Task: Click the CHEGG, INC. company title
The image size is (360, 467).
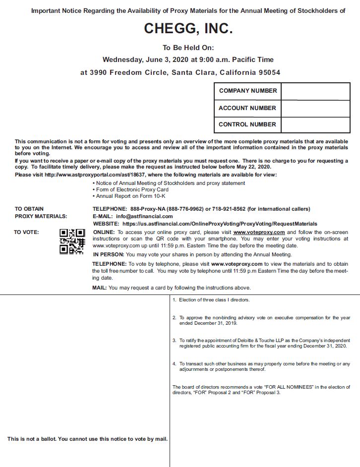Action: (x=188, y=29)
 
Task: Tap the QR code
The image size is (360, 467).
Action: (x=72, y=241)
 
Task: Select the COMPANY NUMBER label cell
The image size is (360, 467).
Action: (x=247, y=91)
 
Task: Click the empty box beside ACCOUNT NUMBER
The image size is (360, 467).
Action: (x=315, y=108)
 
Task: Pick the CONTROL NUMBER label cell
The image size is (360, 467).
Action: (x=247, y=124)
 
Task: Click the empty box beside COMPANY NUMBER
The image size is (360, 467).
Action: (x=315, y=91)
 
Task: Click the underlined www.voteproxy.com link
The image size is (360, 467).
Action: (x=259, y=232)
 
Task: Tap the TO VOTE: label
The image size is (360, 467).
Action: (x=26, y=232)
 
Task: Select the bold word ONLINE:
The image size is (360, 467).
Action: (x=104, y=232)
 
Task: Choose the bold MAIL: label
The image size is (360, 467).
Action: (x=99, y=288)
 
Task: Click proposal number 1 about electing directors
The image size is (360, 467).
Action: (x=211, y=300)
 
